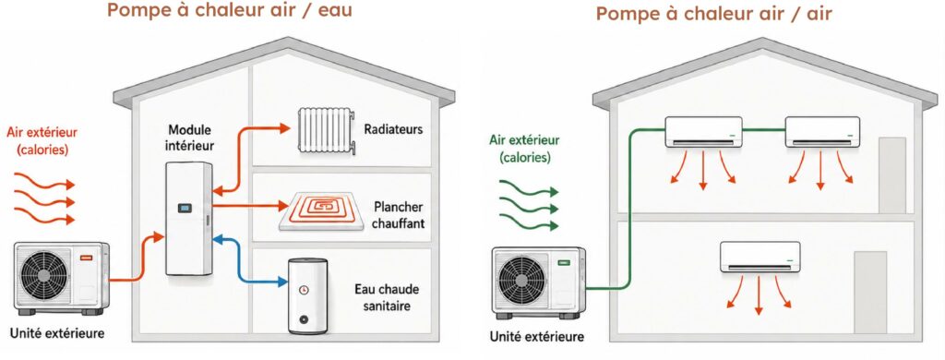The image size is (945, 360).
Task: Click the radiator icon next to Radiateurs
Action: pos(326,130)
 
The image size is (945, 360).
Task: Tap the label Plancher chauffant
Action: pos(399,215)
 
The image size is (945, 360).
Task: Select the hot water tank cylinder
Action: pos(307,295)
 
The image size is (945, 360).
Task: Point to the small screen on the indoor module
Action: pos(185,209)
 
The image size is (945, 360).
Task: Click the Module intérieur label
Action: pos(191,138)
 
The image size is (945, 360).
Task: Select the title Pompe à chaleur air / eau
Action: pos(230,10)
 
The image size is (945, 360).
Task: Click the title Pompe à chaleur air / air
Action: pos(714,13)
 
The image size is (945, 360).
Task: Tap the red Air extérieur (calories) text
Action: pos(42,141)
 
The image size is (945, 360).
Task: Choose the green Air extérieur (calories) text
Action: pos(524,149)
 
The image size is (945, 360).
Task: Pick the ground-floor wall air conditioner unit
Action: pos(760,257)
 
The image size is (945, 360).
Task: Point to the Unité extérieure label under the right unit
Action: pos(537,337)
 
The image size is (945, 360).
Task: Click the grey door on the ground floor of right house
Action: pos(870,292)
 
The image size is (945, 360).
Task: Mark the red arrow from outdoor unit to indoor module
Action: pos(138,259)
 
